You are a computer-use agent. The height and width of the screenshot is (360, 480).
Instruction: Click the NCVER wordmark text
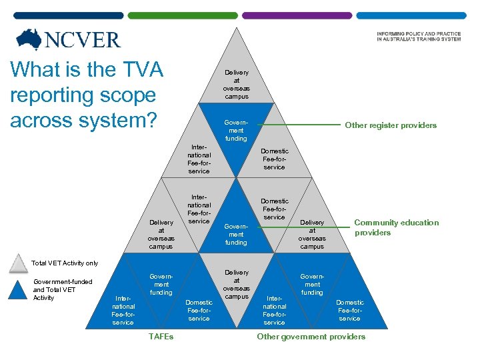82,40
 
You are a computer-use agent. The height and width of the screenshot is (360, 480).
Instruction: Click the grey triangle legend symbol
19,265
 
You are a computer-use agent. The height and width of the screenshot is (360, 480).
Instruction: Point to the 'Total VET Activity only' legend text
65,263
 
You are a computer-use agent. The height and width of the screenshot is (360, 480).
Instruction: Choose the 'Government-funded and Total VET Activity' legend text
63,289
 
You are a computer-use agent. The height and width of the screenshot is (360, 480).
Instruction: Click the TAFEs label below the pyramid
161,337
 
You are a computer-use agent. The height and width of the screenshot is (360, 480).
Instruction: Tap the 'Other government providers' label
311,337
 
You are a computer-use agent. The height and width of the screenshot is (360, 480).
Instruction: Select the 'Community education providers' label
396,227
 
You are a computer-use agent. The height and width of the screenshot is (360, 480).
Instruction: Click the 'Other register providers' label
390,125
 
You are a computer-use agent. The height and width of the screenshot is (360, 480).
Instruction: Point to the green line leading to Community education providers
333,227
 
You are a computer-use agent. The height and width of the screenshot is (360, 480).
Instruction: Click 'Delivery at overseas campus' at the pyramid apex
236,85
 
